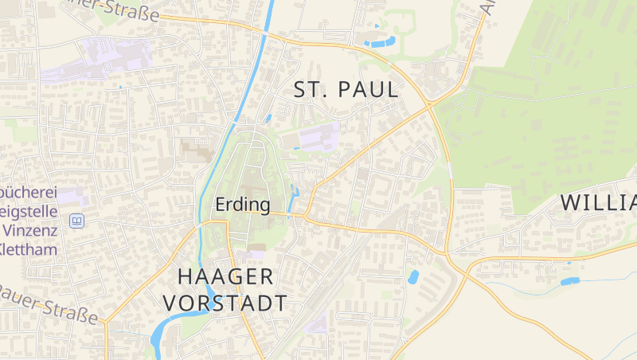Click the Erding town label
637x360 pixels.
click(243, 204)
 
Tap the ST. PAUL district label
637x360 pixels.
click(346, 90)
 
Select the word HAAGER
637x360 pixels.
click(225, 277)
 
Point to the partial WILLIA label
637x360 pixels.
click(598, 202)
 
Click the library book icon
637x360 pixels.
click(76, 221)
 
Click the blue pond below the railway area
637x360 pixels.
click(413, 277)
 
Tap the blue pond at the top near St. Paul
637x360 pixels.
click(381, 41)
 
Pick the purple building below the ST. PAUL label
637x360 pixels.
click(318, 137)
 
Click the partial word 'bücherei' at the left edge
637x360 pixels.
click(27, 194)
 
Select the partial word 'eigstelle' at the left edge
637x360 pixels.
click(29, 212)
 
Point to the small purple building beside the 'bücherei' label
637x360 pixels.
click(72, 195)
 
